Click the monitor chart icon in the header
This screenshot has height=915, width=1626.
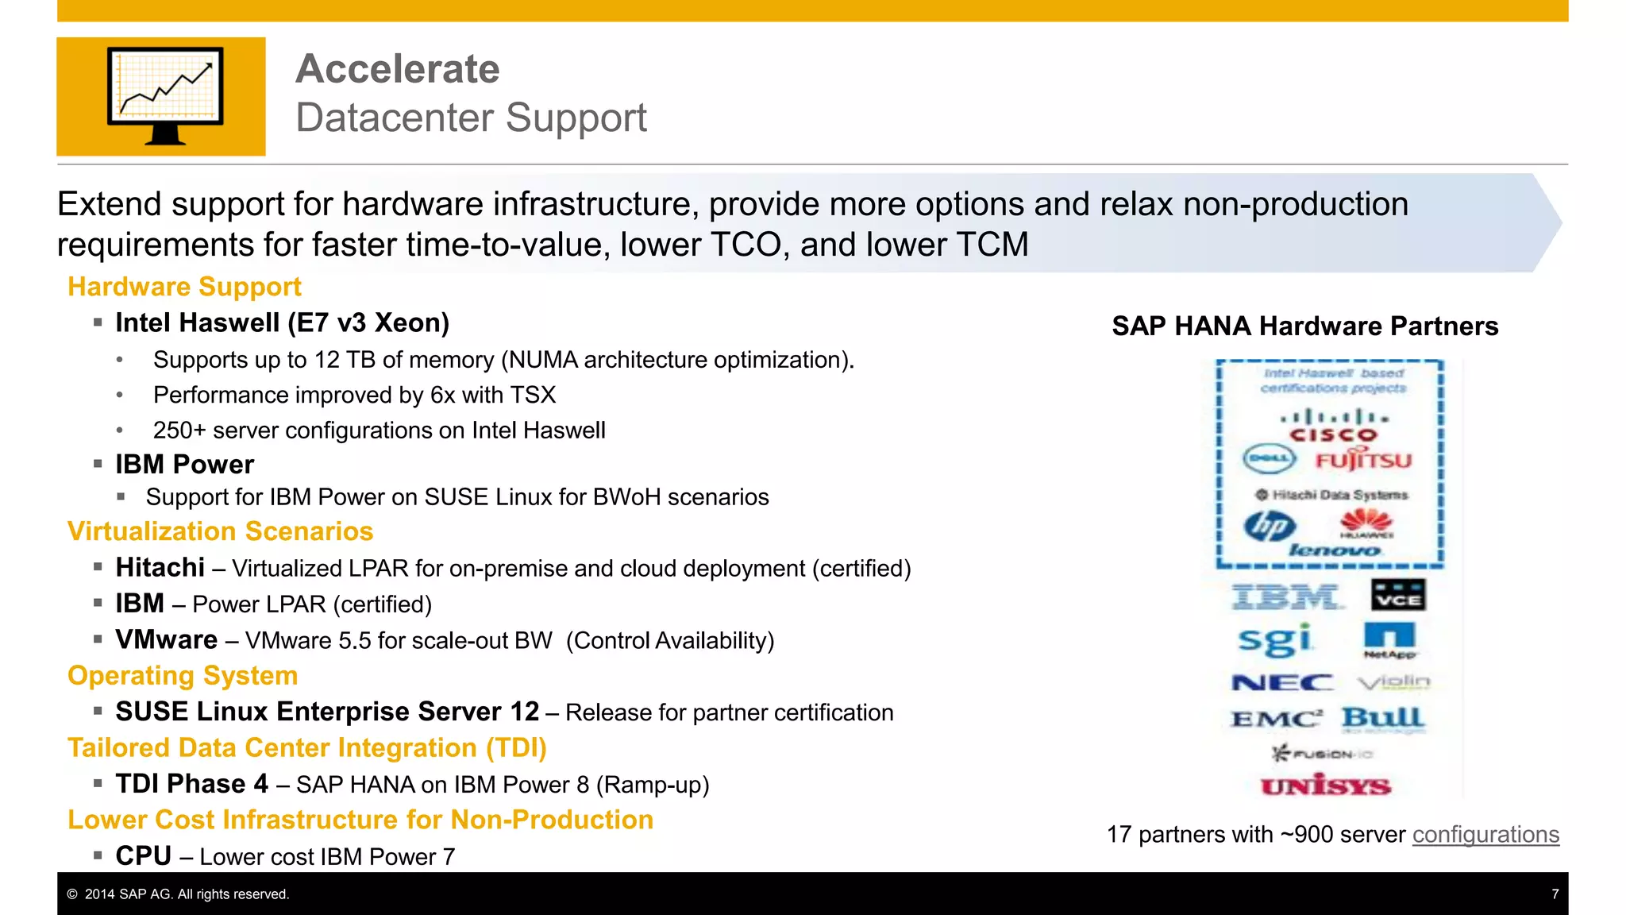[165, 96]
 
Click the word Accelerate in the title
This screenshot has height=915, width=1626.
[398, 69]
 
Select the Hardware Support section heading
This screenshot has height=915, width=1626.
[184, 287]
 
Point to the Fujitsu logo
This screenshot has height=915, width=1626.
[1363, 461]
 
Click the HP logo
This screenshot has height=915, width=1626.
[1270, 526]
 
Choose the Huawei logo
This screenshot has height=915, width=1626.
[1366, 523]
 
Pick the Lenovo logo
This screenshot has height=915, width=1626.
[1334, 550]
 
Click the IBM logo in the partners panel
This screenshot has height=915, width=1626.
[1286, 596]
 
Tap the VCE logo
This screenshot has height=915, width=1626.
[1397, 596]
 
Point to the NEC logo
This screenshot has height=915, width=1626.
[1282, 682]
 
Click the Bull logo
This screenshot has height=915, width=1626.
[1382, 718]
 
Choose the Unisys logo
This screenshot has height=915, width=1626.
[1326, 786]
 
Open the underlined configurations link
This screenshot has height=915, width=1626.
[1485, 835]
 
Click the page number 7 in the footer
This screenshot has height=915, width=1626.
[1555, 894]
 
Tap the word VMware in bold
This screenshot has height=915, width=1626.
[167, 640]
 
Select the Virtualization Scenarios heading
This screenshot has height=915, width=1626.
[220, 531]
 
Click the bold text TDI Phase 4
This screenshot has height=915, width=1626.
[192, 784]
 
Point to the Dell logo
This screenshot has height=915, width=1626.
[1269, 459]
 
